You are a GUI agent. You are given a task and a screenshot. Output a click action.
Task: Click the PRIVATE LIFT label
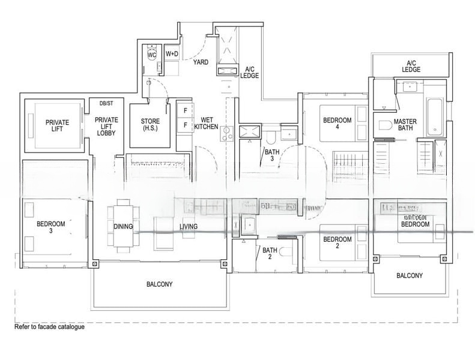click(57, 126)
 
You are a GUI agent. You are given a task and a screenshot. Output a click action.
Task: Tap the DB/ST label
click(106, 104)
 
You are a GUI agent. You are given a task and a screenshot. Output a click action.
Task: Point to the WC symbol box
click(151, 53)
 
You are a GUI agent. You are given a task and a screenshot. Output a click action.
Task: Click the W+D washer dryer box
click(172, 53)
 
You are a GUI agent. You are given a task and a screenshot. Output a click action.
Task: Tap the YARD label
click(201, 62)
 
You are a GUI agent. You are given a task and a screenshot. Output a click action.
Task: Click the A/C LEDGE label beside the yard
click(249, 73)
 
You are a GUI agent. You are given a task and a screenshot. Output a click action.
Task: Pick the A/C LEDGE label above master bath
click(411, 66)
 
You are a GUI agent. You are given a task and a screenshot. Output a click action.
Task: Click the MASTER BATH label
click(405, 125)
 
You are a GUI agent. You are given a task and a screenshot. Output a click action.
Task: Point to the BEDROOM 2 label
click(336, 243)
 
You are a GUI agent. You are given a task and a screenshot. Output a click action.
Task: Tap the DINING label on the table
click(123, 227)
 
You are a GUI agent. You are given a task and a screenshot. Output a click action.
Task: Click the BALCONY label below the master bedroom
click(410, 276)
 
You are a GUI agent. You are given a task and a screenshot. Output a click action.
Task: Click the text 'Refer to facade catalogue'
click(49, 327)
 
